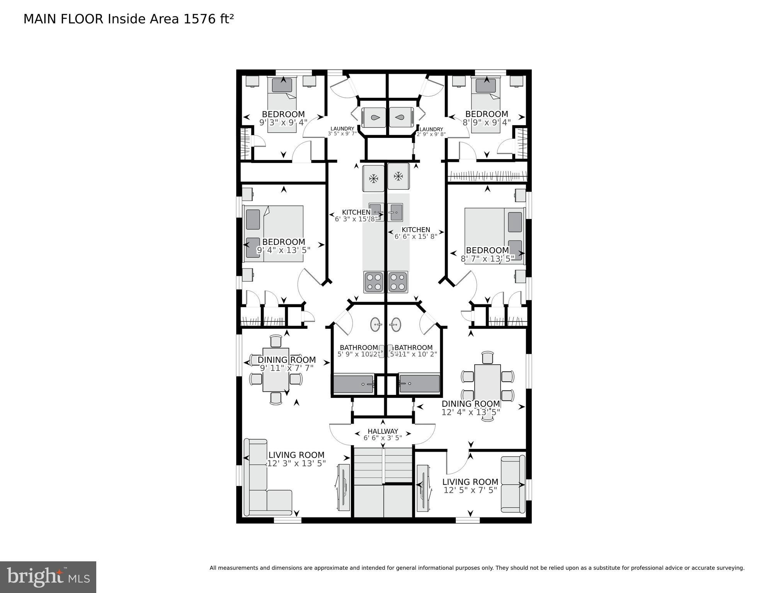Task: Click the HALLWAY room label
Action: click(x=383, y=431)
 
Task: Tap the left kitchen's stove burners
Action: click(x=373, y=282)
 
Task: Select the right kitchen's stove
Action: click(x=398, y=282)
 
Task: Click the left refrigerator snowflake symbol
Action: click(x=373, y=178)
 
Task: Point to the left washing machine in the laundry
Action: click(x=373, y=117)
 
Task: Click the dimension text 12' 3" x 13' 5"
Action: click(x=296, y=463)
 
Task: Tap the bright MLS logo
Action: click(x=48, y=577)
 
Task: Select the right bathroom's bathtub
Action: click(x=419, y=384)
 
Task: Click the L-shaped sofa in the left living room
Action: click(x=263, y=483)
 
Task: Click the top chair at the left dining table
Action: click(x=276, y=341)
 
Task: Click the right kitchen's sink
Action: click(x=396, y=212)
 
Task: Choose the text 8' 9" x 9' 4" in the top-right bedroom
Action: click(x=487, y=122)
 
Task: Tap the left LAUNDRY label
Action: click(x=342, y=129)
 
